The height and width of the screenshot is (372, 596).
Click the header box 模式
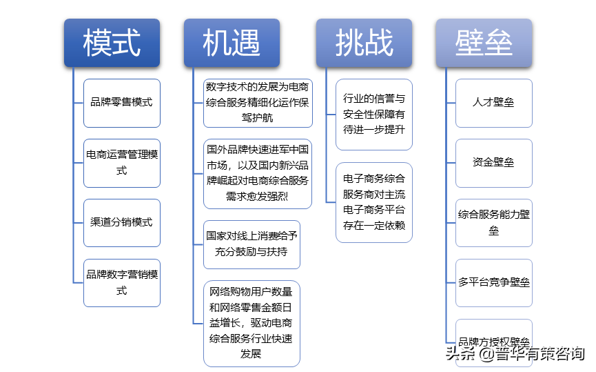point(112,43)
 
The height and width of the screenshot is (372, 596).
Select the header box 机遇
point(232,43)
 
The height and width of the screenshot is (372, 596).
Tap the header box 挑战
point(364,43)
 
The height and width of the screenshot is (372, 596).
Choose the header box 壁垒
point(484,43)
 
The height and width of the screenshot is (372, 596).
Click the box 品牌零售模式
point(122,102)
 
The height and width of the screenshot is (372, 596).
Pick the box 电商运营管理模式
point(122,162)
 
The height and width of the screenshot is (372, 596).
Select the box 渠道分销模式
point(122,222)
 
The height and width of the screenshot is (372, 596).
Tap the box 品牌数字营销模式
point(122,282)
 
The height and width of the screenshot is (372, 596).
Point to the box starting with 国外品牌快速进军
point(258,173)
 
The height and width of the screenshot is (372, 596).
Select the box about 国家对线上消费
point(251,244)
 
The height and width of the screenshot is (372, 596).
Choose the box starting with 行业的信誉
point(374,114)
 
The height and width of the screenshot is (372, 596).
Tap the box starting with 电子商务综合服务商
point(374,202)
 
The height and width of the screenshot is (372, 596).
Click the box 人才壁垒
point(494,102)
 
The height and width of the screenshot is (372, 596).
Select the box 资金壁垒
point(494,162)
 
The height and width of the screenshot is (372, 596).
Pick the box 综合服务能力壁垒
point(494,222)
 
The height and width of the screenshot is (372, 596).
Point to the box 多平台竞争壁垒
point(494,282)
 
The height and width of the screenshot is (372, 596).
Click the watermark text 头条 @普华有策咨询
point(515,354)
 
